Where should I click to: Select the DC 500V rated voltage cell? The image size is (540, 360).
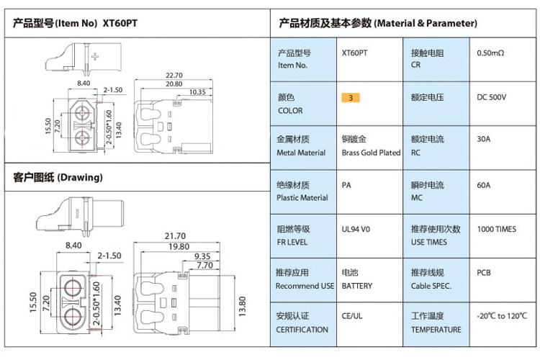[x=492, y=97]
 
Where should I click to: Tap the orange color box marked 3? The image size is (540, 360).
[x=350, y=97]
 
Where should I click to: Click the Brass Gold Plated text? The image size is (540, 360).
[x=371, y=153]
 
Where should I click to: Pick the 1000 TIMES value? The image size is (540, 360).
[x=496, y=230]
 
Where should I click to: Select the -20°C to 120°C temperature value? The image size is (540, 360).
[x=502, y=316]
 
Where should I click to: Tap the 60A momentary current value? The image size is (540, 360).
[x=484, y=186]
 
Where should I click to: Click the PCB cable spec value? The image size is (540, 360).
[x=484, y=274]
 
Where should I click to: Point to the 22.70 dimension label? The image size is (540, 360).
[x=174, y=74]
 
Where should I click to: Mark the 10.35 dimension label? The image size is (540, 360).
[x=197, y=92]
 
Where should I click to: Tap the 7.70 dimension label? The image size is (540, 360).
[x=204, y=265]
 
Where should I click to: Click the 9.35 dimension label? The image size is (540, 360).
[x=203, y=256]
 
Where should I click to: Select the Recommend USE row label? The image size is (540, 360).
[x=305, y=286]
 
